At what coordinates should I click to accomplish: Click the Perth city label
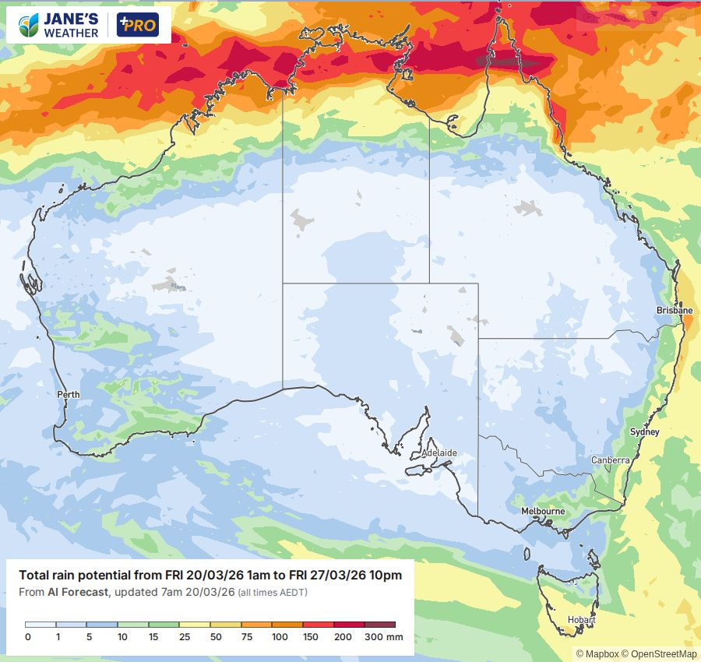(x=69, y=394)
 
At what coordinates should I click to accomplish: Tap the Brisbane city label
(x=674, y=310)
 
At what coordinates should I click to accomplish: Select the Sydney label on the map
(x=645, y=431)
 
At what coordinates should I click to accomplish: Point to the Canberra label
(x=610, y=460)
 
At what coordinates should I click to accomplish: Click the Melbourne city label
(x=543, y=511)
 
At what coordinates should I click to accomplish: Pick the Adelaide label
(x=439, y=452)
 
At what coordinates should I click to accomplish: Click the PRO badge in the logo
(x=137, y=26)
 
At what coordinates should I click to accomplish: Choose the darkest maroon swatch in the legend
(x=379, y=625)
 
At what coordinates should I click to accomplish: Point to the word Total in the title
(x=34, y=576)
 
